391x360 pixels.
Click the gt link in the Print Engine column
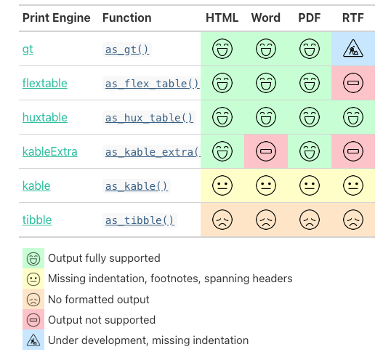[28, 49]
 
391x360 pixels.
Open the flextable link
[45, 83]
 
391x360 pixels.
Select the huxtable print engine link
[45, 117]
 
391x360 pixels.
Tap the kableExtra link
[50, 152]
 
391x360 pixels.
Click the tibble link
[37, 220]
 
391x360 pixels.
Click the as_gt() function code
[126, 49]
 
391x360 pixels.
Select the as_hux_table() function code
[149, 118]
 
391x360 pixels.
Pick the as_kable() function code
[137, 186]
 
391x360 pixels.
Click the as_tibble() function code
[140, 220]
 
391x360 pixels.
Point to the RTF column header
[353, 17]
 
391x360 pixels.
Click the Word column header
[266, 17]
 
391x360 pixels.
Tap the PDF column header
[310, 17]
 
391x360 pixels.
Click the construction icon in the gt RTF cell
[353, 49]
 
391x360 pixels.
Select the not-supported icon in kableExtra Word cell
[266, 152]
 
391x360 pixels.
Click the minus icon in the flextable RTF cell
[353, 83]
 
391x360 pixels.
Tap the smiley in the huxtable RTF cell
[353, 117]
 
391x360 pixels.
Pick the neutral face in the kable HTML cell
[222, 186]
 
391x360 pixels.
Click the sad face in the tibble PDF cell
[310, 220]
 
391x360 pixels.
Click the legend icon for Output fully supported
[33, 258]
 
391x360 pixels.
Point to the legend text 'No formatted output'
[99, 300]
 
